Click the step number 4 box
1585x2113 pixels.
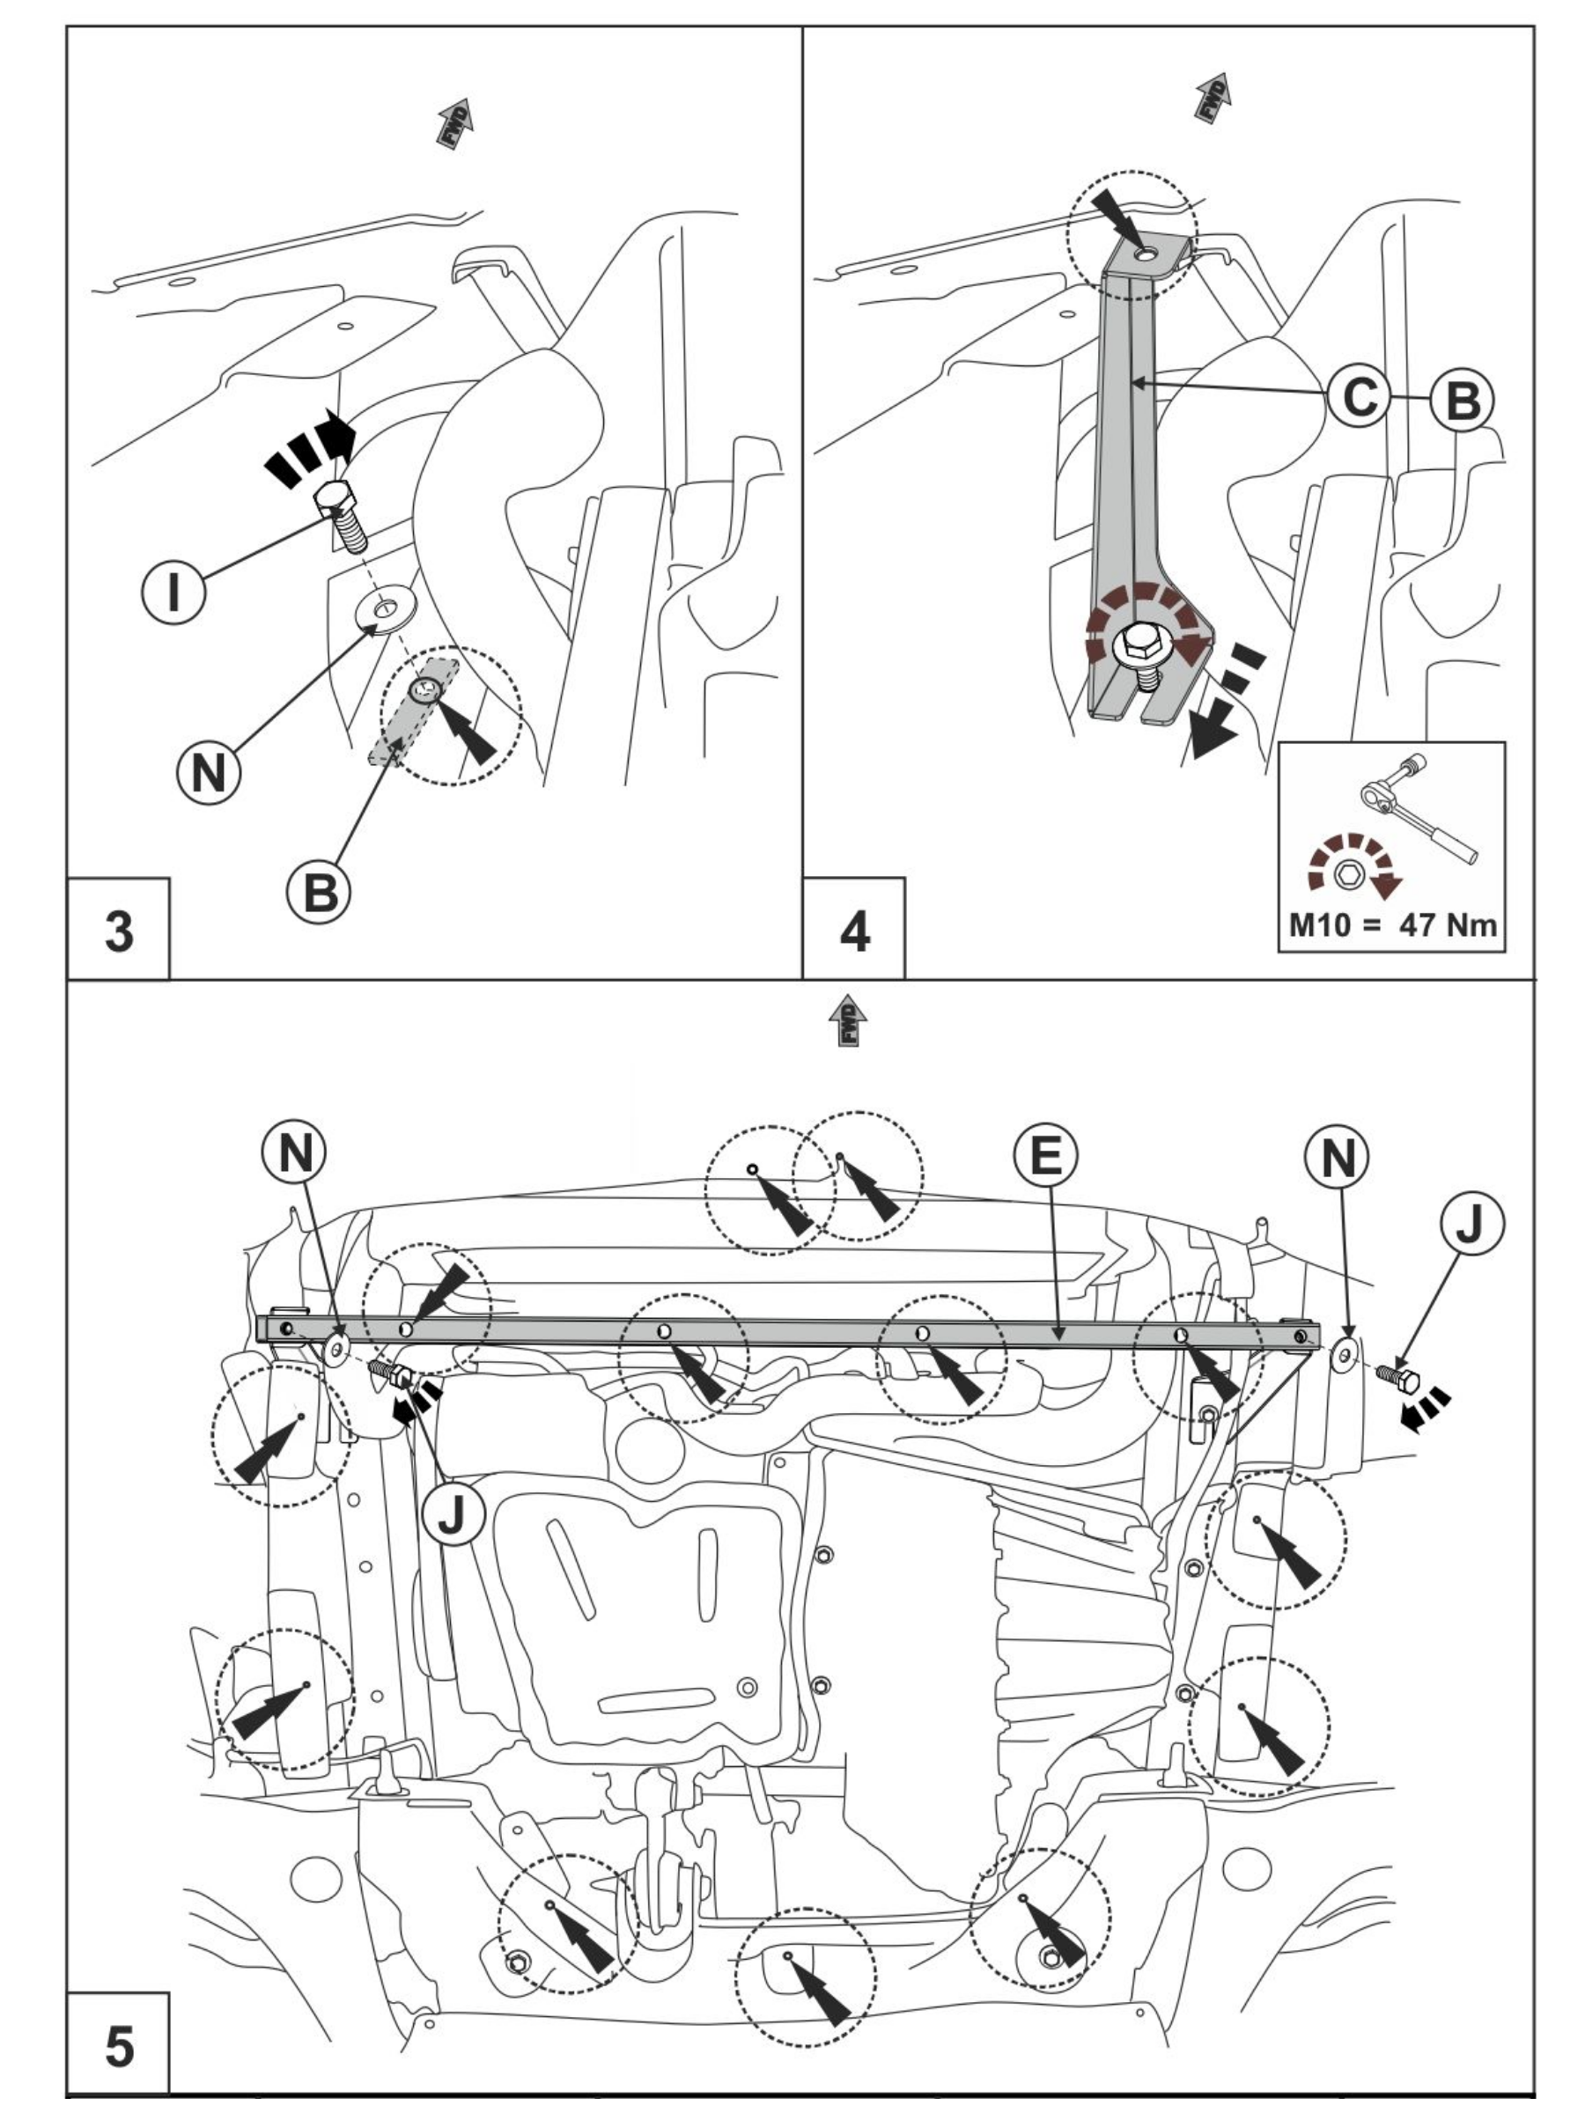click(853, 928)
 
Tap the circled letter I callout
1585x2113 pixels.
click(173, 592)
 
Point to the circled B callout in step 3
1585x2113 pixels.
click(319, 892)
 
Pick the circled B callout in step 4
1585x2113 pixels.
click(1462, 401)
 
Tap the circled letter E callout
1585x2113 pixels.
click(1045, 1155)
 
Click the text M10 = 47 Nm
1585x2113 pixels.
click(1392, 924)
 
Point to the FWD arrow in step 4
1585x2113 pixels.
click(1213, 97)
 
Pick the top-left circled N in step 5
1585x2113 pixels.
click(294, 1153)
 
